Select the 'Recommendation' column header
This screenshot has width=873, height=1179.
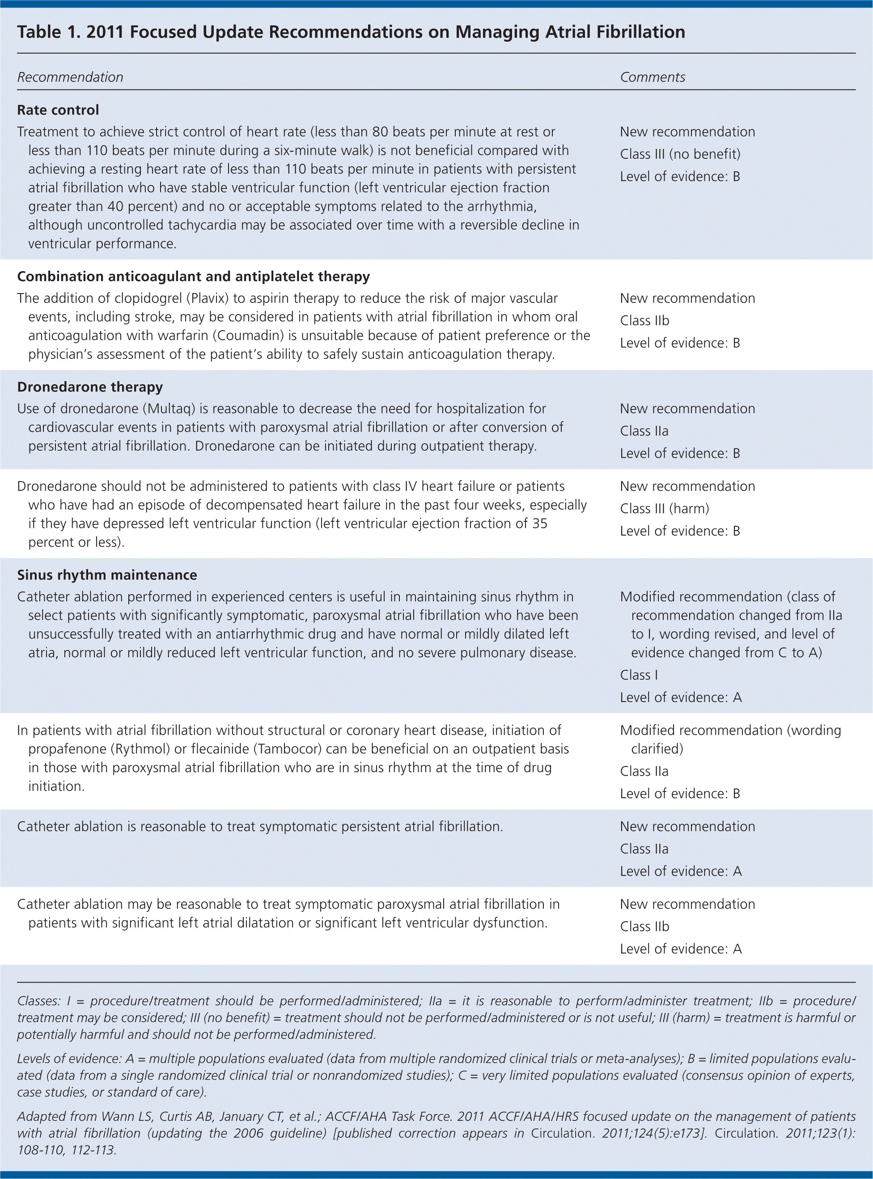(70, 78)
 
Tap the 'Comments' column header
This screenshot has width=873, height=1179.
(652, 78)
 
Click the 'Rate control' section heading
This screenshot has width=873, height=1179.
(58, 110)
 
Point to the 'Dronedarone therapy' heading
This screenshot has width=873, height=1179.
(90, 387)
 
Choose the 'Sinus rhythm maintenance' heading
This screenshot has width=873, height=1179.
(107, 575)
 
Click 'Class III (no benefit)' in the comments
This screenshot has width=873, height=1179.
(680, 154)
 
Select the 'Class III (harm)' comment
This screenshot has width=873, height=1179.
(664, 508)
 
